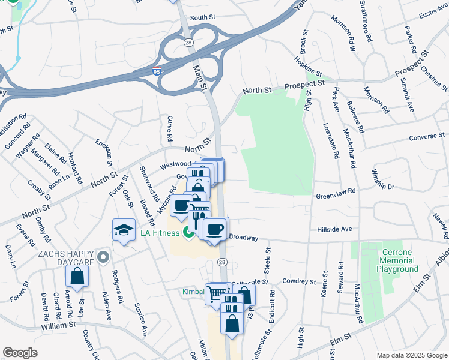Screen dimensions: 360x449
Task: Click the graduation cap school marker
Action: (124, 230)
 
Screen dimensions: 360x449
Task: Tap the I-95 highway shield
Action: (156, 72)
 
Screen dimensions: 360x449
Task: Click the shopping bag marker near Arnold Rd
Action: (77, 277)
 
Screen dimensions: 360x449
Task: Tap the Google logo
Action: (20, 353)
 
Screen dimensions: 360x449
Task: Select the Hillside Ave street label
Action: (334, 229)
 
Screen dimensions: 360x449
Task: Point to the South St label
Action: (203, 18)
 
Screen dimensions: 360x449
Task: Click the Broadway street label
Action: (243, 238)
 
